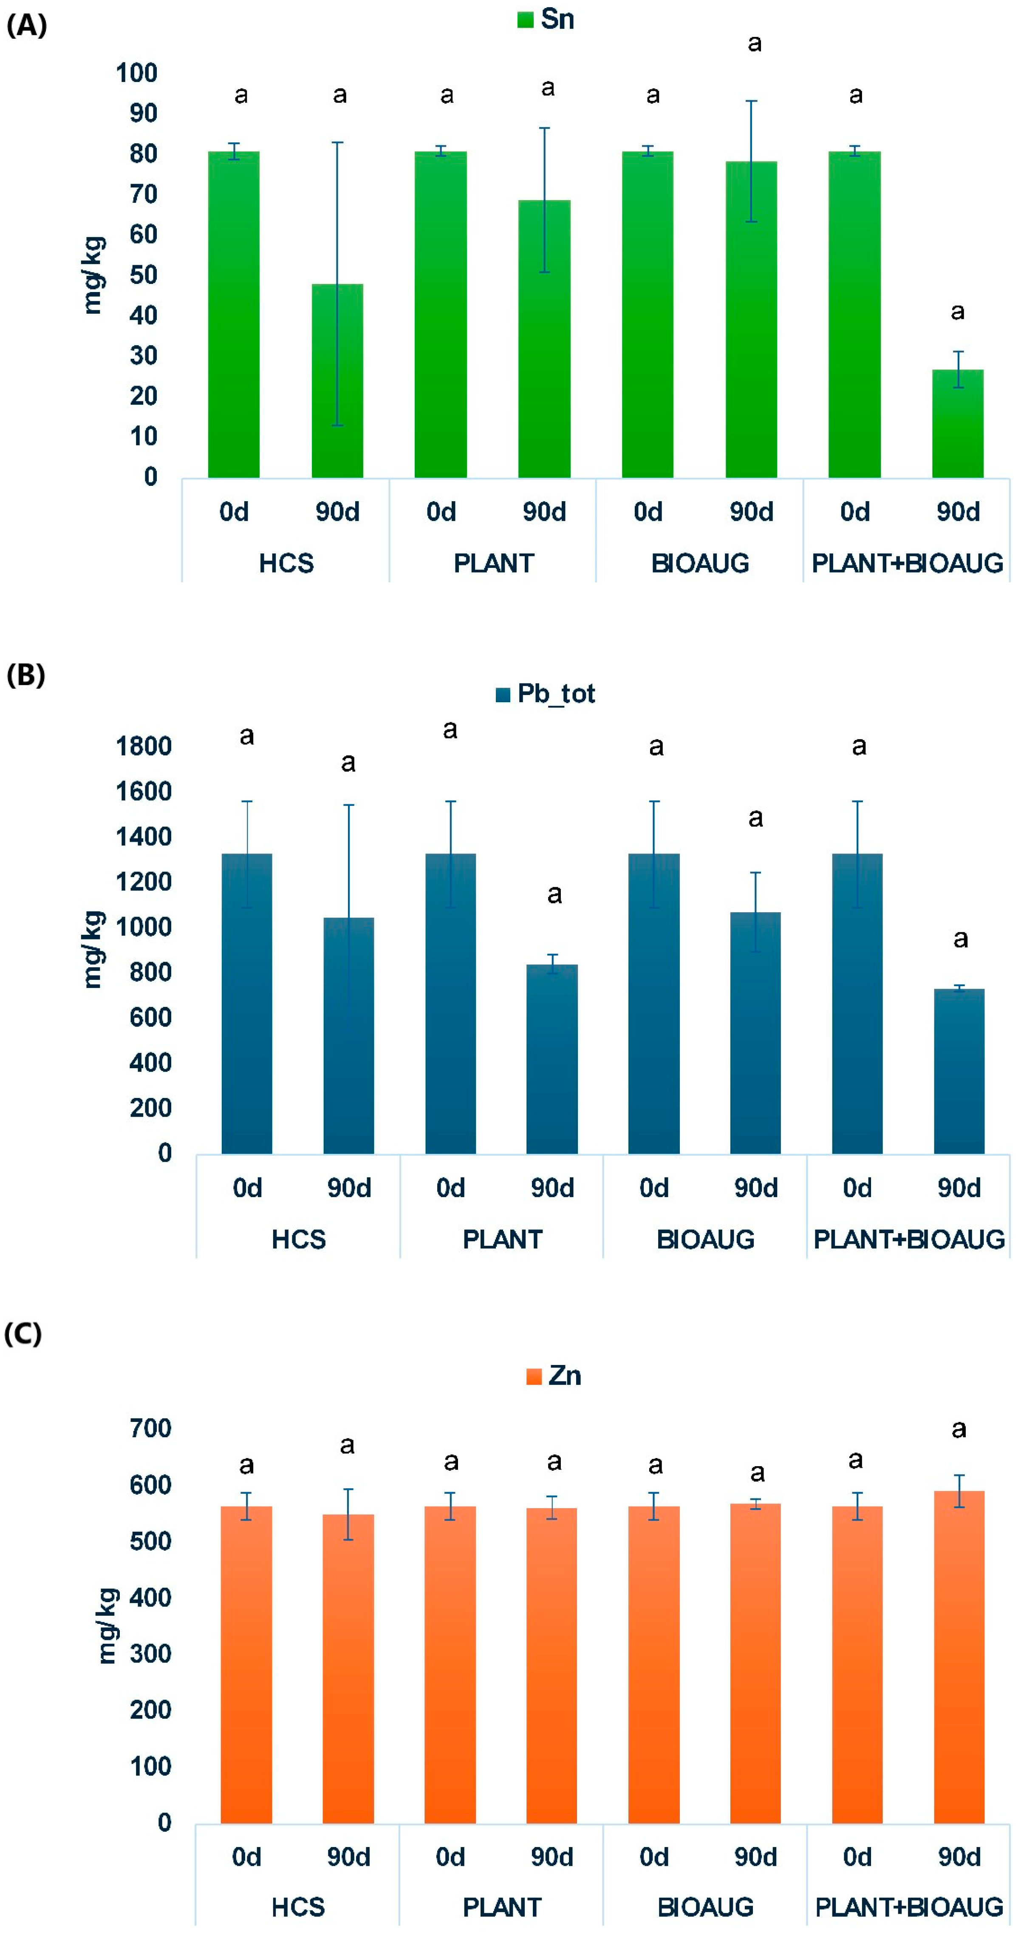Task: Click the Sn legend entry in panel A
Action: pos(546,19)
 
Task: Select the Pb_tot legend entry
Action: pos(546,693)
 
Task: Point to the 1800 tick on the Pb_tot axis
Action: pos(143,746)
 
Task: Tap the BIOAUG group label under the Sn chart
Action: pos(700,563)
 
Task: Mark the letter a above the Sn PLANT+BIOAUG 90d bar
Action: pos(957,311)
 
